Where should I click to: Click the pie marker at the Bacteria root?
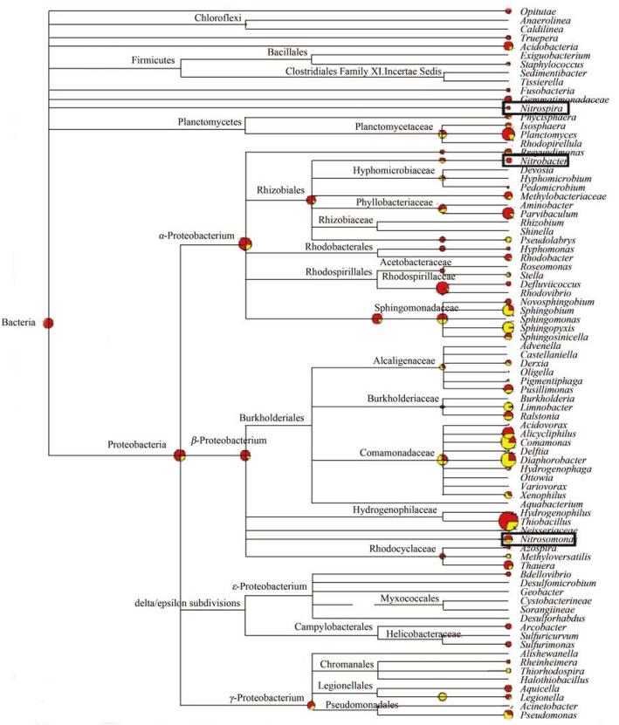(x=49, y=323)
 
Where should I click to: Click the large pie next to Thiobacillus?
(x=506, y=521)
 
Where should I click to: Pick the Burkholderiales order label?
(x=272, y=418)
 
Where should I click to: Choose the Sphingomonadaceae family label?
(x=414, y=308)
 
